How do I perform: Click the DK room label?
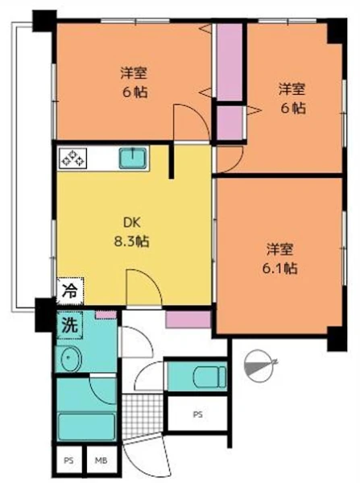click(132, 223)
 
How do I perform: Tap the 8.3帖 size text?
click(132, 242)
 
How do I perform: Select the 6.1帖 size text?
click(279, 268)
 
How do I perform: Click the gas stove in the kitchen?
click(72, 158)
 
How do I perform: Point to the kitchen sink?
click(133, 158)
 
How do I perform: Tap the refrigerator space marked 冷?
click(70, 291)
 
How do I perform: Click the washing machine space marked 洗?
click(69, 325)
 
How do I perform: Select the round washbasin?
click(71, 358)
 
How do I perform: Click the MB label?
click(101, 460)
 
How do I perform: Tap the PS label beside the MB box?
click(68, 460)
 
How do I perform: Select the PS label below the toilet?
click(198, 415)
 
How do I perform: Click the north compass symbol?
click(259, 365)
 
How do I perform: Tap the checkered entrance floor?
click(142, 415)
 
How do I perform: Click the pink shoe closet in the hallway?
click(188, 319)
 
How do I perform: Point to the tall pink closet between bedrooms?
click(230, 62)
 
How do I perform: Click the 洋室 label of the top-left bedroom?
click(134, 73)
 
